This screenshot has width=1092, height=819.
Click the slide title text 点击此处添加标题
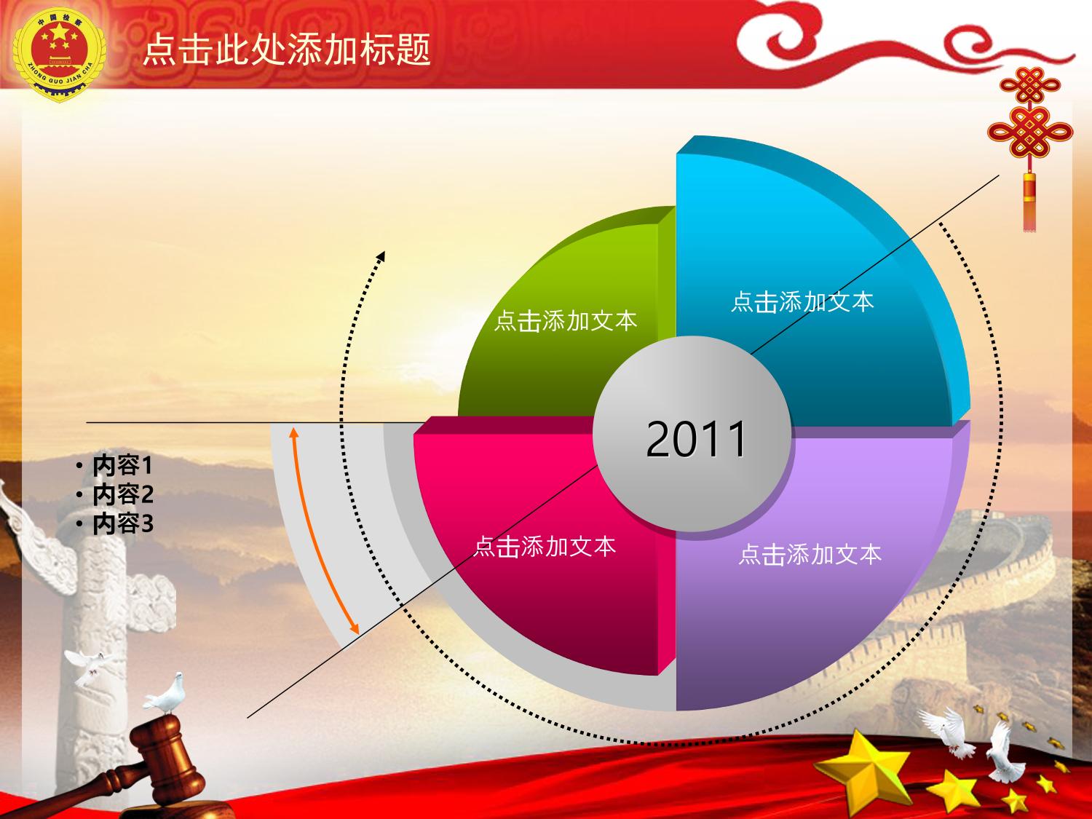click(x=287, y=50)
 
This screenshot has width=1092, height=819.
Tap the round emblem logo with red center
click(x=59, y=54)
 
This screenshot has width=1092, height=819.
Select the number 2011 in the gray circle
click(x=696, y=438)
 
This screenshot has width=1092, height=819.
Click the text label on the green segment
click(x=566, y=321)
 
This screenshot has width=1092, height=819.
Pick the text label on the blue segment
click(x=802, y=302)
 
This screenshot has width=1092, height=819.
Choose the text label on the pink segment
click(x=545, y=547)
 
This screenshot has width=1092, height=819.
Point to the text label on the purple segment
click(x=810, y=555)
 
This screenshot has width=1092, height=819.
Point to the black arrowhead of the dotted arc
click(x=381, y=256)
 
